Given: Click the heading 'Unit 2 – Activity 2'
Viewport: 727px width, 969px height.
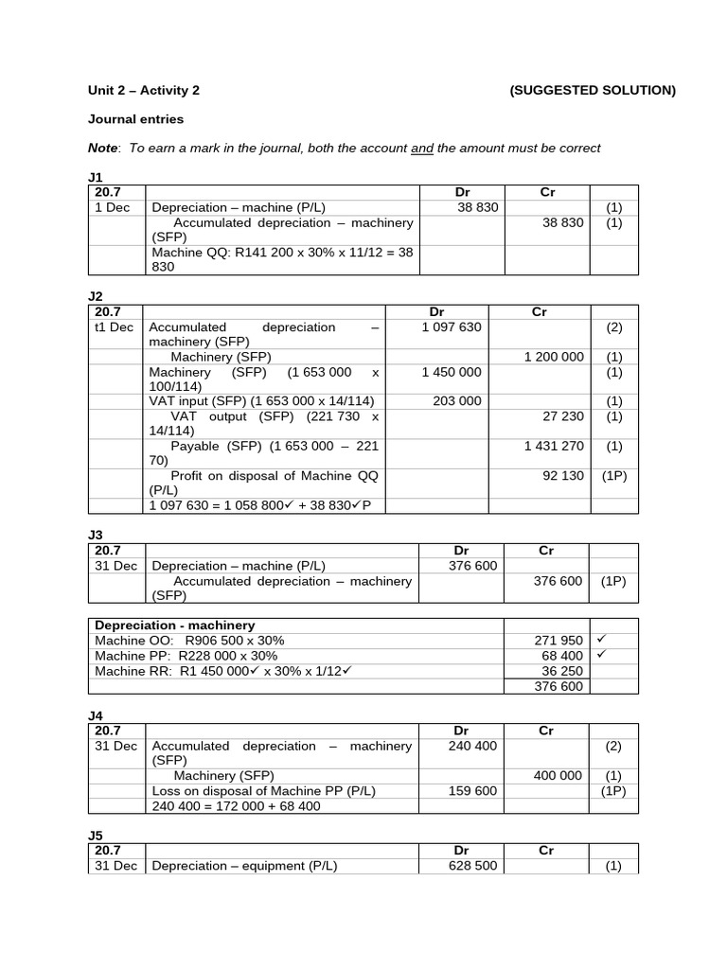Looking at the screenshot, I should point(144,91).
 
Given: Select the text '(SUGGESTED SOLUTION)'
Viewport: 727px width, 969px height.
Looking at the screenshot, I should point(593,91).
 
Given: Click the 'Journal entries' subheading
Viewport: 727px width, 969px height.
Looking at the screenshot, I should point(136,119).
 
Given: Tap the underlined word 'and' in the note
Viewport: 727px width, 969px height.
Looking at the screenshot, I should point(421,148).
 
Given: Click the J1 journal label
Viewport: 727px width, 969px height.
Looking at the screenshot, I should point(95,177).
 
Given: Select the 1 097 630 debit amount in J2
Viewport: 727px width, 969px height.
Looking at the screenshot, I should point(452,327).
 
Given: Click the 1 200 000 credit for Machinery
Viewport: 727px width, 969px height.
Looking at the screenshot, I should point(554,357).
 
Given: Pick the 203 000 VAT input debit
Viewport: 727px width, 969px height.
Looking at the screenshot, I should point(457,401).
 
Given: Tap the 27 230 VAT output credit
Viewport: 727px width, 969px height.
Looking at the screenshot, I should point(563,416).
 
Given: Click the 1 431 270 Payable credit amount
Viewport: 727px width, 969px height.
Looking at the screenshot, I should point(554,446).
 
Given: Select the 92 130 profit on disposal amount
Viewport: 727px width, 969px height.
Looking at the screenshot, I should point(563,476).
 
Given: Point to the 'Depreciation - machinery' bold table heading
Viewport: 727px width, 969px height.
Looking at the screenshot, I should point(175,625).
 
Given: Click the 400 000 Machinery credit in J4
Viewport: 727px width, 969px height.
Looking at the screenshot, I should point(558,776).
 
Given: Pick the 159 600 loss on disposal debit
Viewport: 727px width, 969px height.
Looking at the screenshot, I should point(472,791).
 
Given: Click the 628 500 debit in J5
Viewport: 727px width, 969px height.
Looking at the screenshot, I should point(472,866).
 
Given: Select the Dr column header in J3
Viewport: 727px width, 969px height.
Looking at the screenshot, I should point(461,551).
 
